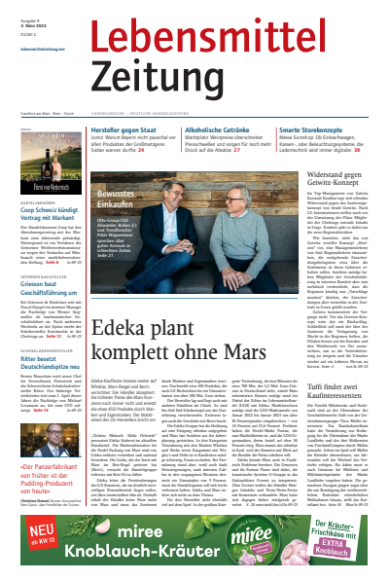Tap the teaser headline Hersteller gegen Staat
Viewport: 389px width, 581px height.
click(x=132, y=128)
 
